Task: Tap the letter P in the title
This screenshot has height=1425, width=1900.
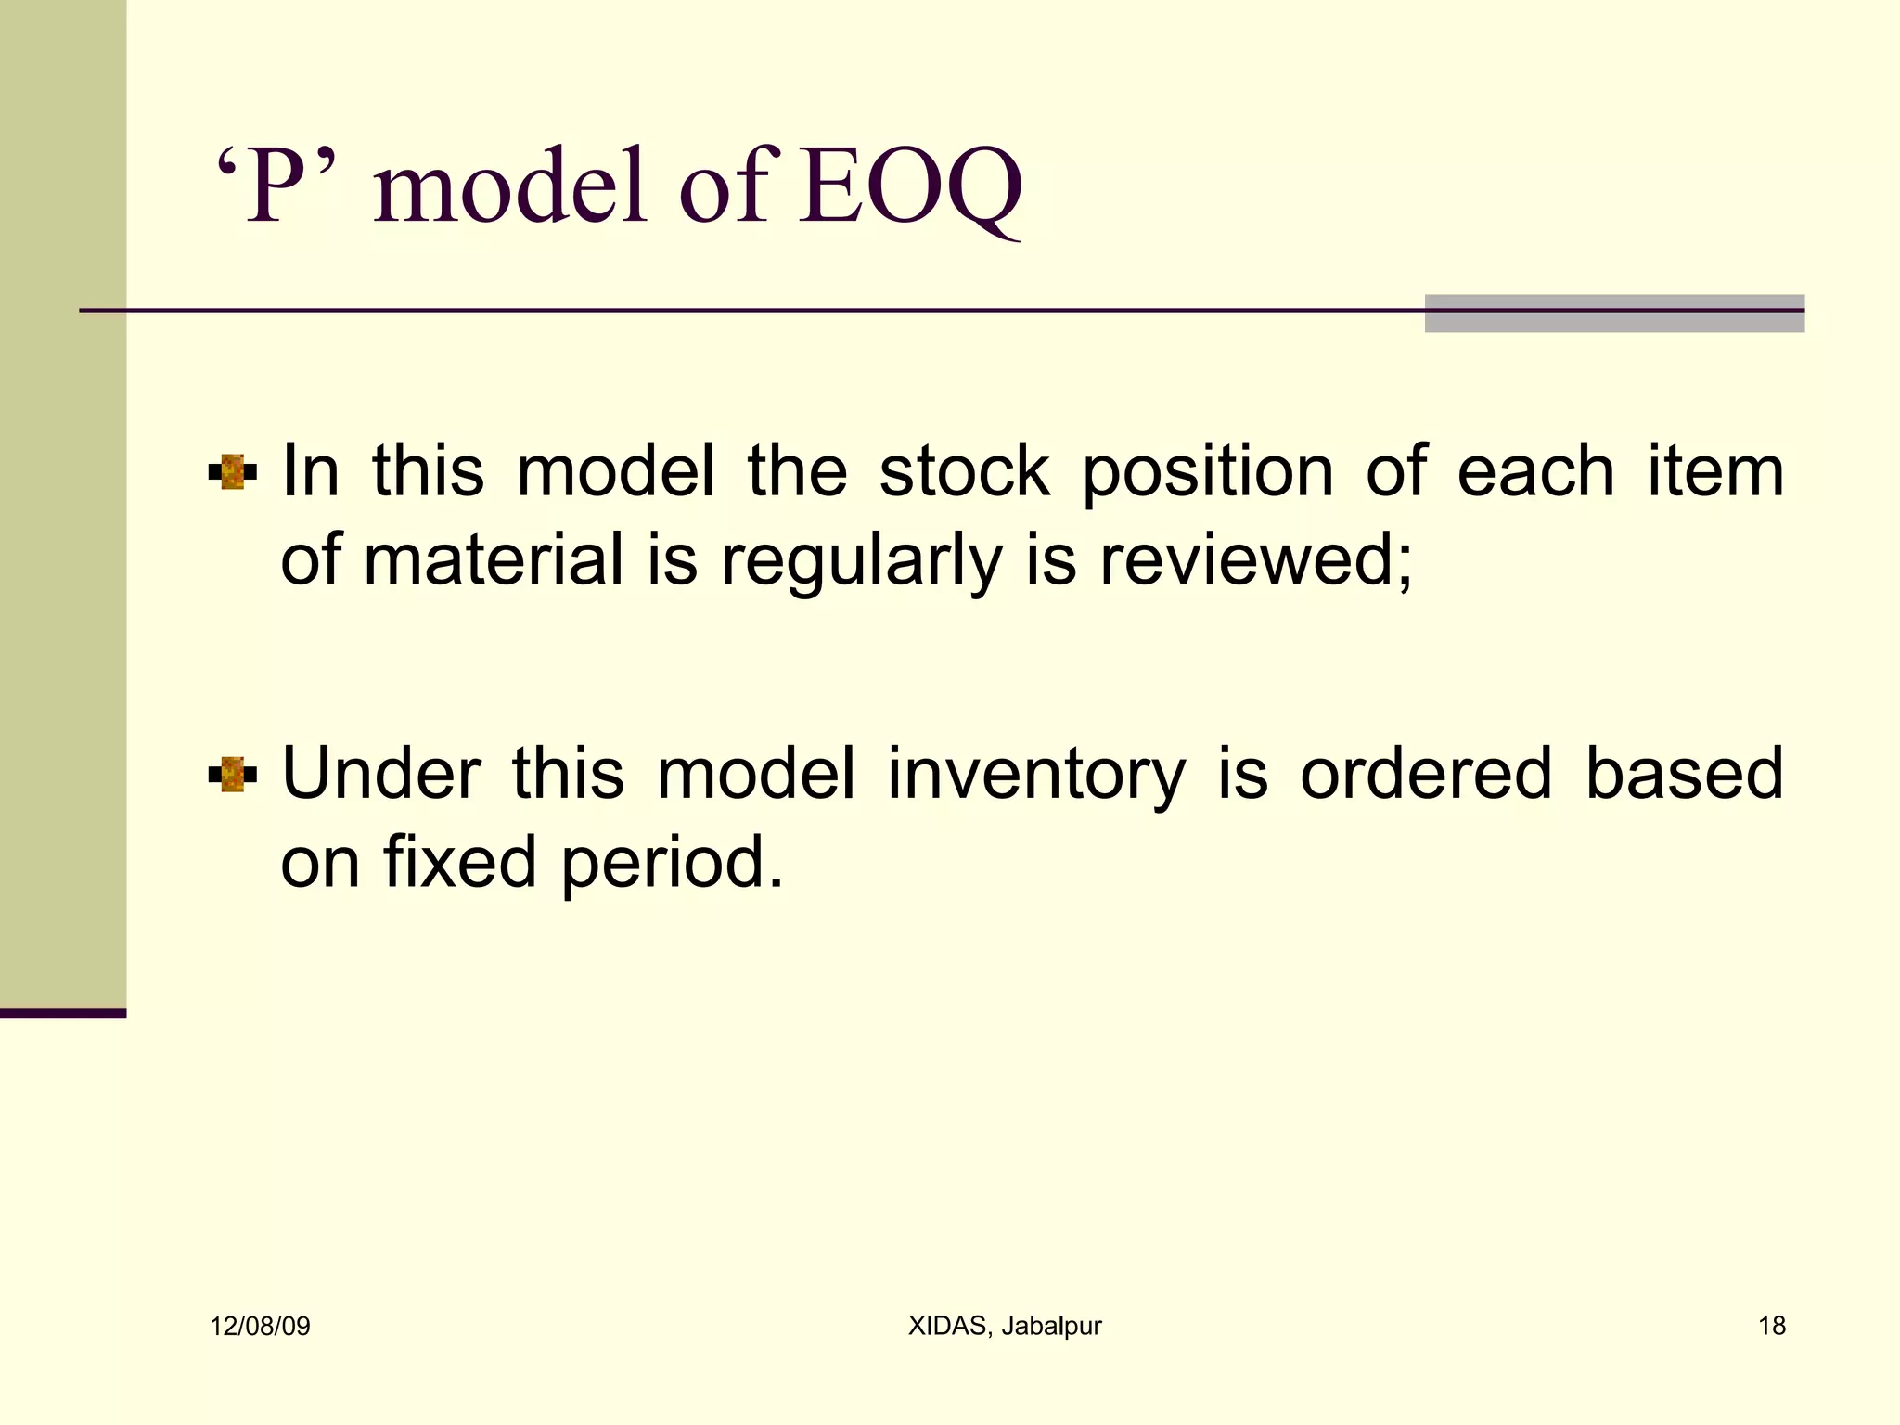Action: click(278, 188)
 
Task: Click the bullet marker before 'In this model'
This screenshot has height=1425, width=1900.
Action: click(232, 472)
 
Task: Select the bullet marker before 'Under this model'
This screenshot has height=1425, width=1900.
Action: click(232, 775)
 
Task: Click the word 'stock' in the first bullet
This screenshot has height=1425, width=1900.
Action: click(965, 471)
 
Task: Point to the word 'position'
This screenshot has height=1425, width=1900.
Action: click(1208, 473)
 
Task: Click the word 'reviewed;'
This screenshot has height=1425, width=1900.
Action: click(1256, 560)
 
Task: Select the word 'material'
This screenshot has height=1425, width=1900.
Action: click(494, 560)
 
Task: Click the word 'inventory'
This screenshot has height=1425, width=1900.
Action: click(1036, 775)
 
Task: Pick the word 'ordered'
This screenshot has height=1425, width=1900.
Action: click(1425, 773)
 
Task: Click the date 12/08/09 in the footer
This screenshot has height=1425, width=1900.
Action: click(260, 1327)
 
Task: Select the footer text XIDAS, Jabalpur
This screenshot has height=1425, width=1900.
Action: click(1005, 1327)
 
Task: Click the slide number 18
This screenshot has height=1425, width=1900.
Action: click(1772, 1327)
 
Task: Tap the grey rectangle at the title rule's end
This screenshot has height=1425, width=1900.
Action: click(1614, 314)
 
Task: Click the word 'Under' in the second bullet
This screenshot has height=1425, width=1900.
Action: click(381, 773)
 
